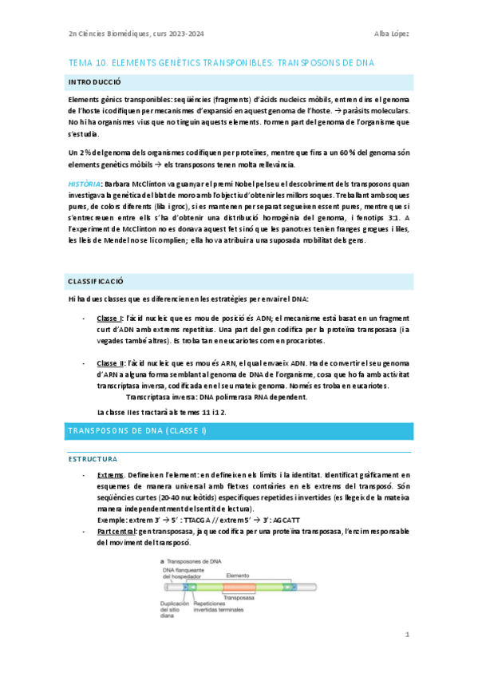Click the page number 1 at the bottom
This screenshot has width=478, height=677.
click(407, 635)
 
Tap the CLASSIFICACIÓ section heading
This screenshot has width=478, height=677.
click(95, 282)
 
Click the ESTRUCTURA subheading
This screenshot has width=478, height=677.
click(92, 460)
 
